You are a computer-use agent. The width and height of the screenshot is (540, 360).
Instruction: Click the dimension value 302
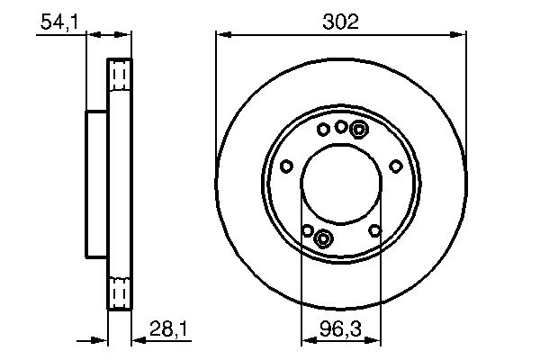pyautogui.click(x=341, y=22)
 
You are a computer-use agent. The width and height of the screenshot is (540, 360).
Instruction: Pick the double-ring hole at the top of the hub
pyautogui.click(x=358, y=130)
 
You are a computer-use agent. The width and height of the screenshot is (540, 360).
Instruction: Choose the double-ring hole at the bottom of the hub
pyautogui.click(x=324, y=238)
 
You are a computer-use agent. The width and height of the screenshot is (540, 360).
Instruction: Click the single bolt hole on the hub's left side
pyautogui.click(x=286, y=166)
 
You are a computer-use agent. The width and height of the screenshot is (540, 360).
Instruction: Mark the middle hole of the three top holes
pyautogui.click(x=341, y=127)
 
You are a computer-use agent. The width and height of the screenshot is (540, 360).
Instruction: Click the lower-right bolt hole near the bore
pyautogui.click(x=374, y=230)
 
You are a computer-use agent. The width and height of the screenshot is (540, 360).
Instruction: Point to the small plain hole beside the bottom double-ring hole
pyautogui.click(x=308, y=230)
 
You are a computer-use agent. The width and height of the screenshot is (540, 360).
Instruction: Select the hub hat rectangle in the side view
pyautogui.click(x=96, y=185)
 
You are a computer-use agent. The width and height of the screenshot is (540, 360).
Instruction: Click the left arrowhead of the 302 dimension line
pyautogui.click(x=220, y=35)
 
